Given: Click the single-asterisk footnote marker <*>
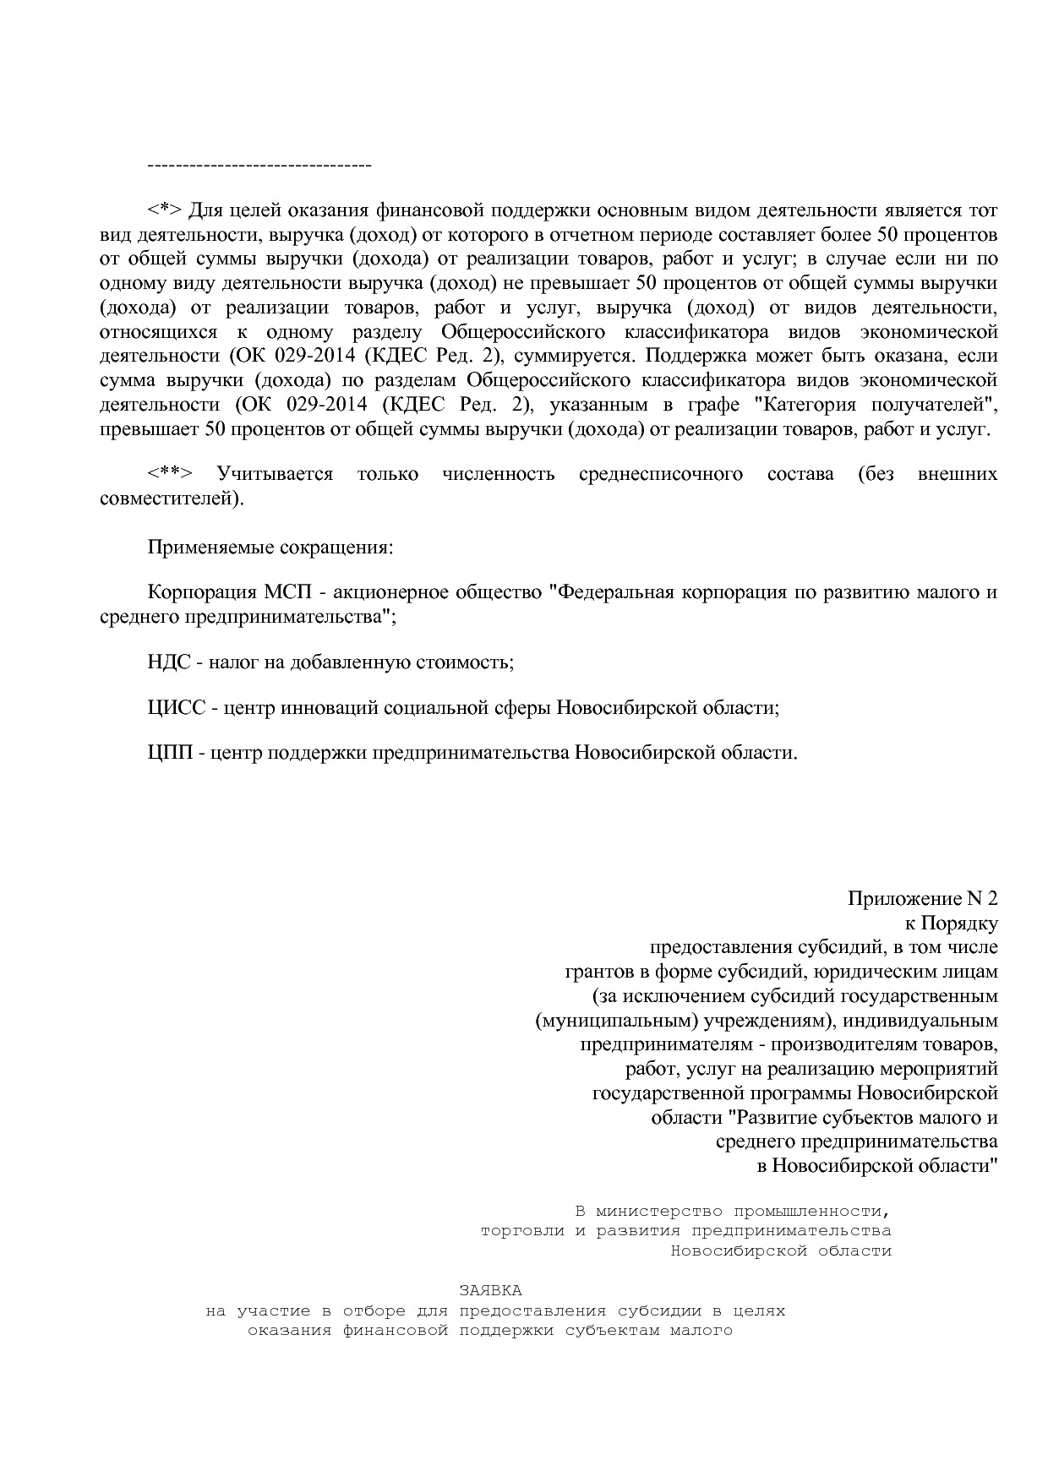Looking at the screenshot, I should point(164,210).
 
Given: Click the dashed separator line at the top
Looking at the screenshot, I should point(259,165).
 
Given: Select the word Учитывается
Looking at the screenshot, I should point(275,474).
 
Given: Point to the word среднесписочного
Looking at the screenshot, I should point(661,474).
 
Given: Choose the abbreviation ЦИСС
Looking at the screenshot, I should point(176,707).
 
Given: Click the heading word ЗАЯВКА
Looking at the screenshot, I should point(490,1290).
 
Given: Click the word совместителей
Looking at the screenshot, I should point(170,499).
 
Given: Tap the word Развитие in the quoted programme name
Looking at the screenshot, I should point(776,1117).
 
